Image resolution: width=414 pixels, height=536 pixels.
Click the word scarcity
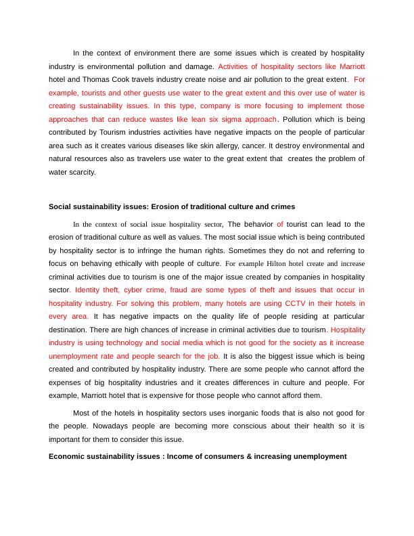pyautogui.click(x=81, y=172)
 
